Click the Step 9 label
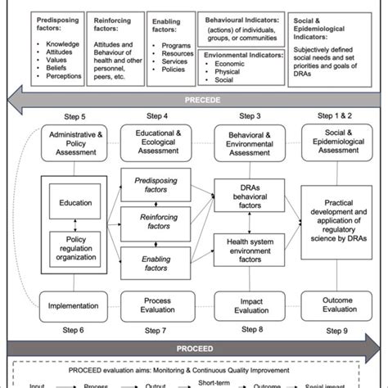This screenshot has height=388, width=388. tap(337, 330)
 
